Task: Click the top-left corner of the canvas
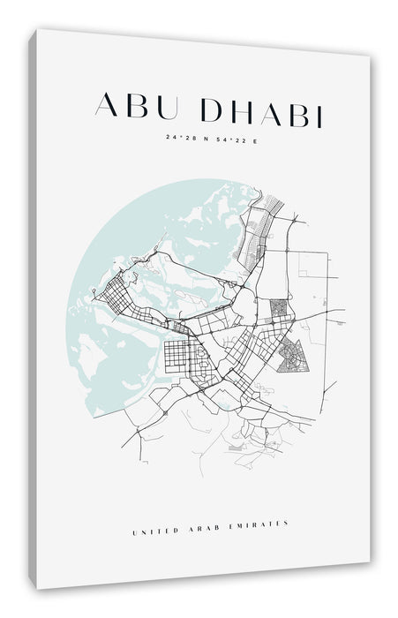(x=38, y=30)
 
